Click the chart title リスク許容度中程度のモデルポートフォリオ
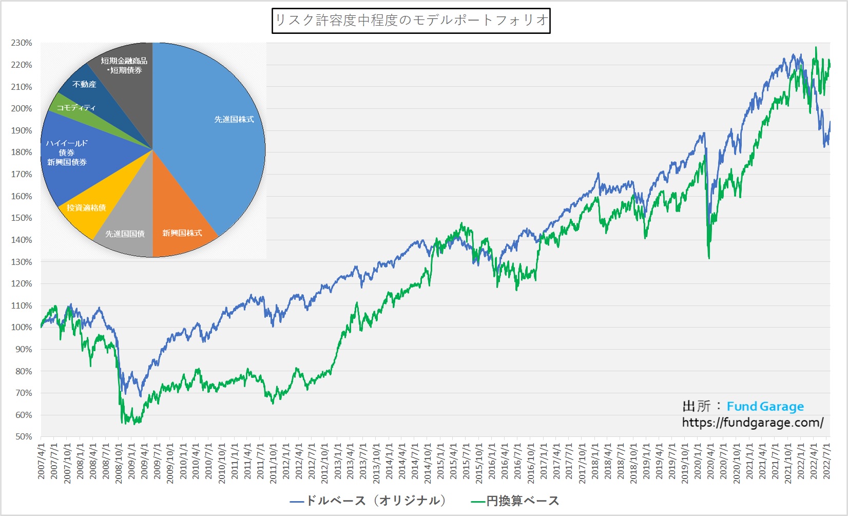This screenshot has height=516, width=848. coord(411,21)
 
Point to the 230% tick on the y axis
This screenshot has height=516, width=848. coord(22,43)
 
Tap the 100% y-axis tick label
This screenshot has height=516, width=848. coord(22,328)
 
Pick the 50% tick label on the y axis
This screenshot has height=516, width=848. coord(24,437)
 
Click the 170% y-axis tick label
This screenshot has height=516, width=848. coord(22,175)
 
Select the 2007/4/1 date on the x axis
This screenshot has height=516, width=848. coord(42,462)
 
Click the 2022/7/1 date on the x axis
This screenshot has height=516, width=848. coord(826,462)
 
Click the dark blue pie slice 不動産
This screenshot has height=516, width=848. coord(85,85)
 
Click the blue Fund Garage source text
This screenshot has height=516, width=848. coord(765,407)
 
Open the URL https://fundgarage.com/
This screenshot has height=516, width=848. coord(753,423)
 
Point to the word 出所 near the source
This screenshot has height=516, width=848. coord(696,407)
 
